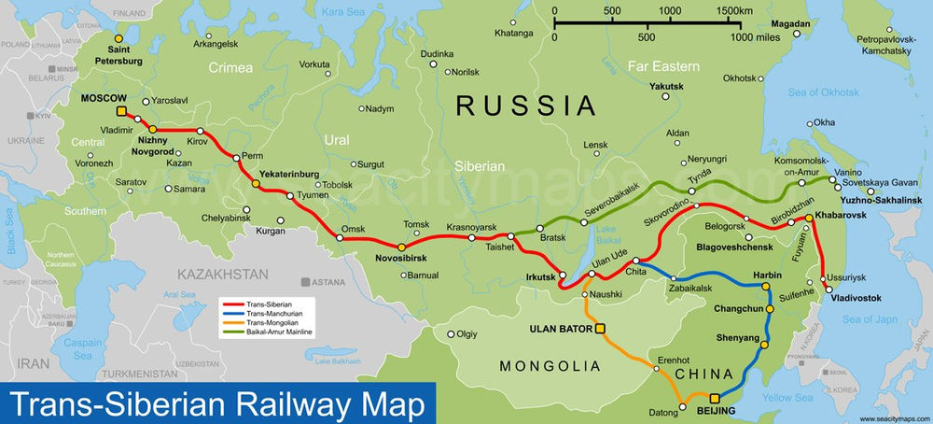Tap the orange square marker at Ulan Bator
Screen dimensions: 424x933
tap(600, 328)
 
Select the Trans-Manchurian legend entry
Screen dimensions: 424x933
tap(269, 313)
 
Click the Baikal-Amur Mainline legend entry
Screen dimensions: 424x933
tap(279, 332)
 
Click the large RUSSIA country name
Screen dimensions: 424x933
tap(525, 104)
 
